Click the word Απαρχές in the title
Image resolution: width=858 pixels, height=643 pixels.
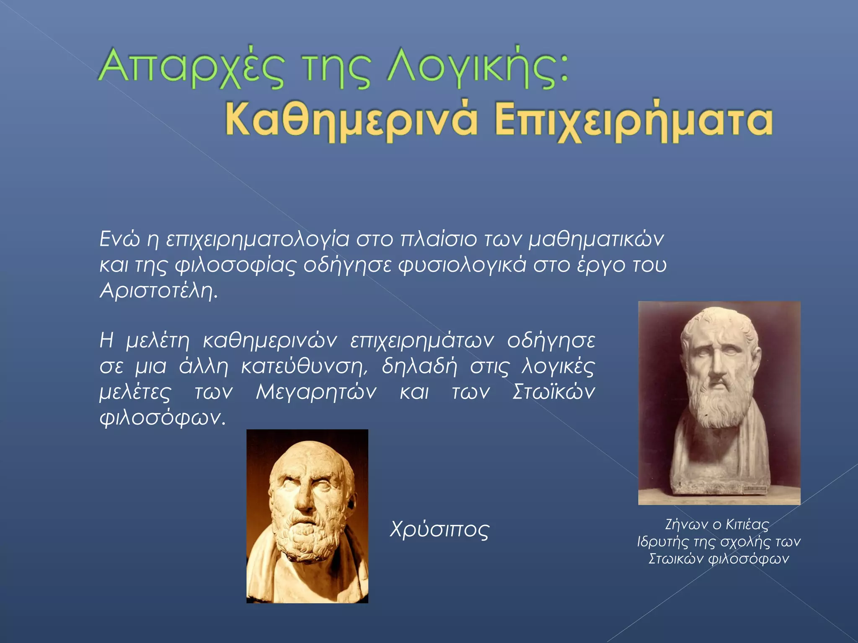(191, 67)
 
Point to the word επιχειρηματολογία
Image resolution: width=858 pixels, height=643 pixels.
(257, 240)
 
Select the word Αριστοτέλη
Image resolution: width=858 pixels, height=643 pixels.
(158, 291)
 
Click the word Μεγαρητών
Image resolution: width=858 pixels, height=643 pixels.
(316, 392)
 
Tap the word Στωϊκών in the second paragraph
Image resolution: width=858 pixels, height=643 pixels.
(553, 392)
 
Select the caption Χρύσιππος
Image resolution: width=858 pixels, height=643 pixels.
(439, 530)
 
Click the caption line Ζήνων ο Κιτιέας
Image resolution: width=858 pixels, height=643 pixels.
(717, 525)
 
